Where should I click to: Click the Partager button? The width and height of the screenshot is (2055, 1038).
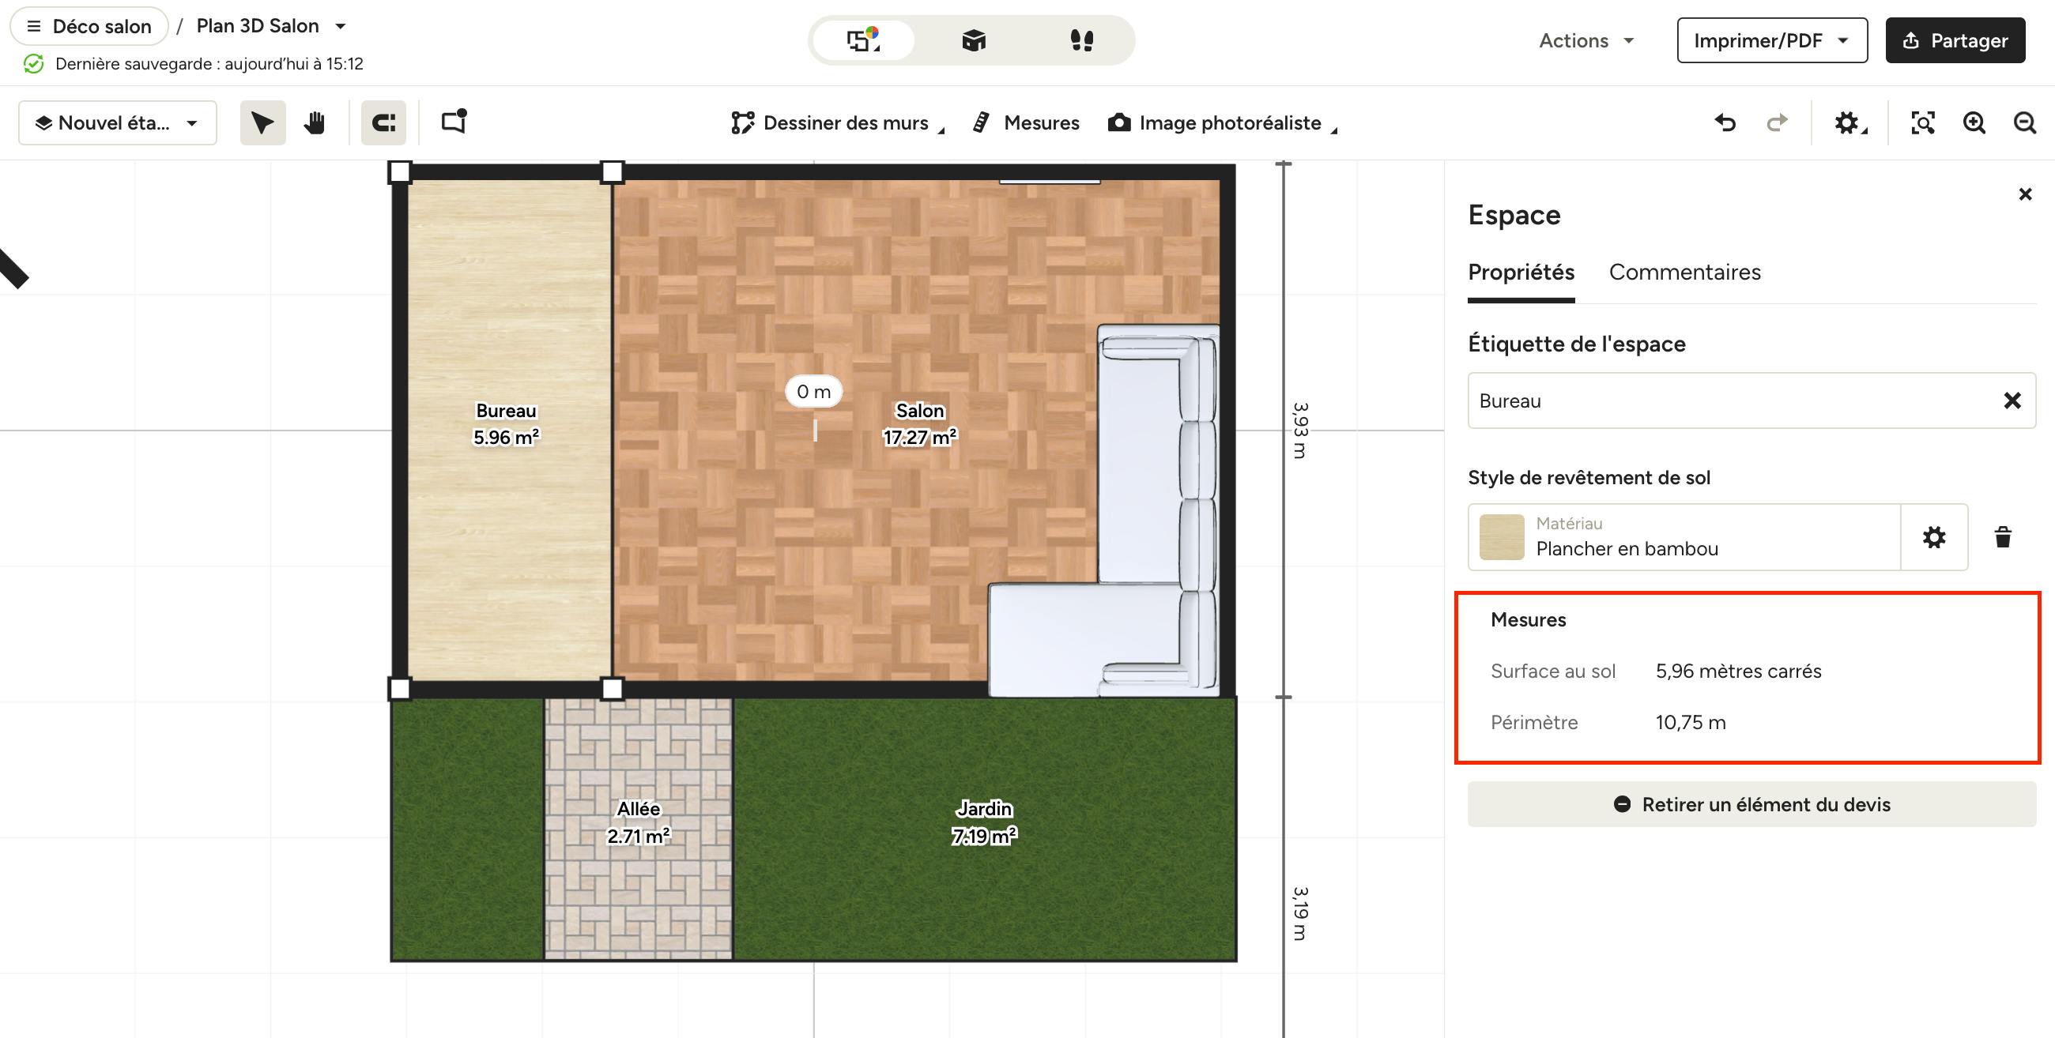(x=1955, y=40)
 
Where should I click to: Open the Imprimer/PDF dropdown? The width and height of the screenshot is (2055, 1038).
(x=1772, y=40)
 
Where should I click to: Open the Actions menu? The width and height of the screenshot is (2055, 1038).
(x=1587, y=40)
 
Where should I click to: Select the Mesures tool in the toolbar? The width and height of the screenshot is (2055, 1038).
(x=1026, y=122)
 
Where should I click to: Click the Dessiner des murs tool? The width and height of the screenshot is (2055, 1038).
(x=837, y=122)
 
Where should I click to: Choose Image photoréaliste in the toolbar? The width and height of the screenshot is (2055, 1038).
(x=1221, y=122)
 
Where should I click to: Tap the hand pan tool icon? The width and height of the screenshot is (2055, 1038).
(x=315, y=122)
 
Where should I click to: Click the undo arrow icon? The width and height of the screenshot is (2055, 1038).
(x=1725, y=122)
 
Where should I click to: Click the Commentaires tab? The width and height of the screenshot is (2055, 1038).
(x=1685, y=272)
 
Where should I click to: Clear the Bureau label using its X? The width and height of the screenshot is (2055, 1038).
(x=2012, y=401)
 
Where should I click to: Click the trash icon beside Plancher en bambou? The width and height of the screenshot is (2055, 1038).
(x=2002, y=537)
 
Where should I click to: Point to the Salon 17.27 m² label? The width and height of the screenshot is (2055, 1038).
(x=920, y=424)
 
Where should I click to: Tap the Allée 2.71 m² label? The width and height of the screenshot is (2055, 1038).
(x=638, y=822)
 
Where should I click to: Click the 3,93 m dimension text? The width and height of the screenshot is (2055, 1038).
(x=1300, y=431)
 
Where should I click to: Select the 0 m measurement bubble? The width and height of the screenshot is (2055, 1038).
(x=814, y=392)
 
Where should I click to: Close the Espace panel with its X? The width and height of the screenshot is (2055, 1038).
(x=2025, y=194)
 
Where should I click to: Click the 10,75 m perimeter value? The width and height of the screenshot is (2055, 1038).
(x=1691, y=722)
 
